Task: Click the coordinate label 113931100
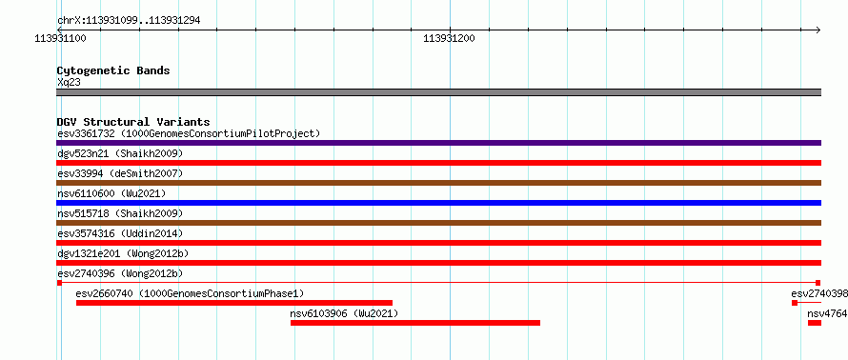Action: click(60, 38)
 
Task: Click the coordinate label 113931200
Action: click(450, 38)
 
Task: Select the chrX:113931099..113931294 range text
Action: click(129, 21)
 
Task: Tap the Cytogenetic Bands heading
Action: click(113, 70)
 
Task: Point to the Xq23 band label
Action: click(69, 82)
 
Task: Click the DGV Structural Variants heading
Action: click(133, 122)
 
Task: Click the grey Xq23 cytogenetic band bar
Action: click(438, 92)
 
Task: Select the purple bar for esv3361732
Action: click(438, 143)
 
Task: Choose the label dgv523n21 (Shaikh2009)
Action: click(120, 153)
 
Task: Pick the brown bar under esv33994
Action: click(438, 183)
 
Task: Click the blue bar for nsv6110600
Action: click(438, 203)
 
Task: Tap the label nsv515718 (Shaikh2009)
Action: click(120, 213)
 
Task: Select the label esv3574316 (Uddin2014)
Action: click(120, 233)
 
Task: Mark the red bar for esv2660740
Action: click(234, 303)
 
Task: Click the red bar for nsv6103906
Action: click(415, 323)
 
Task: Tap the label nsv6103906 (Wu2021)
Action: click(344, 313)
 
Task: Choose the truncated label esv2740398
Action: click(819, 293)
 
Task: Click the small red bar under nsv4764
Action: click(815, 323)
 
